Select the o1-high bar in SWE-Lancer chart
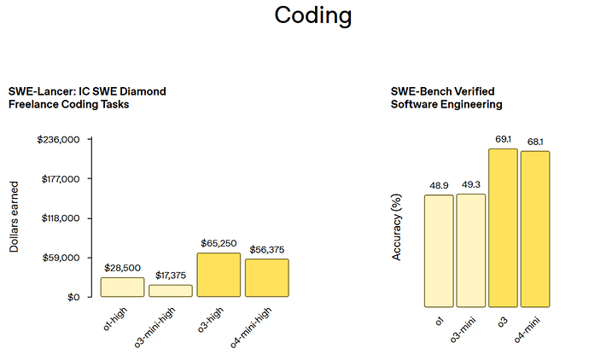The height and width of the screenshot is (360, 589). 122,287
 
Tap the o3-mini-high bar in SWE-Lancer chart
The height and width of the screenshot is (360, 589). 171,291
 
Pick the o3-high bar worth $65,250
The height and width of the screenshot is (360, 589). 219,275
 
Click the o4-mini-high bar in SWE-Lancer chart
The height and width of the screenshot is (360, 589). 267,278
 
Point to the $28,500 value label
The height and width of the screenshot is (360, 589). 122,268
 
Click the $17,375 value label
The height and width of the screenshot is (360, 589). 171,276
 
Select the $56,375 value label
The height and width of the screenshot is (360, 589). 267,249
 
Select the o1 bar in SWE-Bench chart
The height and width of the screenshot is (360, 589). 439,251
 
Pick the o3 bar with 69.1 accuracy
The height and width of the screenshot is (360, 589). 503,228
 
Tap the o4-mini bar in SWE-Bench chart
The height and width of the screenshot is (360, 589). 535,229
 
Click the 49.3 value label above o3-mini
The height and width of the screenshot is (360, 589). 471,183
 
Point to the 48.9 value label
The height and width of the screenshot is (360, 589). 439,184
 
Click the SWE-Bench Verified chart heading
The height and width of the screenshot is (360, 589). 446,97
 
